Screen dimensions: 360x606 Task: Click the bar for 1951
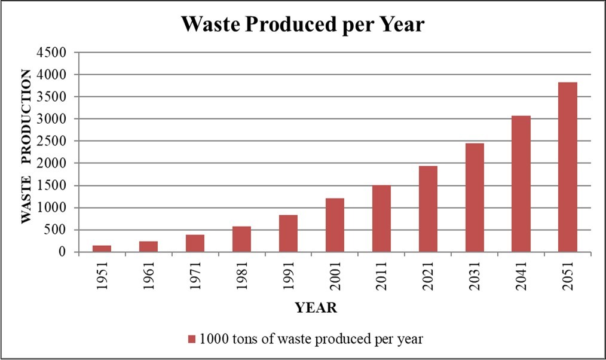point(102,249)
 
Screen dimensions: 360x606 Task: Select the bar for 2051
point(567,167)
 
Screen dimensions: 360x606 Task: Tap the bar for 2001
point(335,225)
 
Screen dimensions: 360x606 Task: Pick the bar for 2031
point(474,197)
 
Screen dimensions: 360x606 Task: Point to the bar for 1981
point(241,239)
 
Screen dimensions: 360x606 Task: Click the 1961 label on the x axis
point(149,276)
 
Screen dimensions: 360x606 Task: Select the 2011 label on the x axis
point(381,276)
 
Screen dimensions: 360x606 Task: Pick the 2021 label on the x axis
point(428,276)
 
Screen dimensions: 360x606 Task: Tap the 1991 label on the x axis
point(288,276)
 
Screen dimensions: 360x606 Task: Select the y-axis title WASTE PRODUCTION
point(26,147)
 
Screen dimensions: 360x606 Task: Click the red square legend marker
point(192,339)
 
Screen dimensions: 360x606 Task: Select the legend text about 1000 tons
point(311,339)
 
